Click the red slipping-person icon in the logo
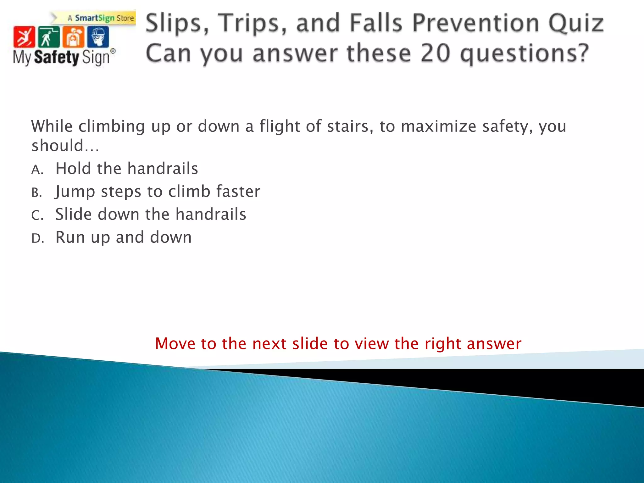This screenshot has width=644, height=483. point(24,37)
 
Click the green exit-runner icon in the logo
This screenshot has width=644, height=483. point(48,37)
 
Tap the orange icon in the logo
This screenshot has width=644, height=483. point(73,37)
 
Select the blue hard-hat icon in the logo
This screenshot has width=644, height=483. point(98,37)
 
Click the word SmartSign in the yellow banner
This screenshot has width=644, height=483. point(95,18)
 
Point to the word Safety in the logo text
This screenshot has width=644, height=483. point(57,58)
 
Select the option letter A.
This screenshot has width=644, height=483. point(37,170)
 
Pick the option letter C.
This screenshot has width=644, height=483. point(37,216)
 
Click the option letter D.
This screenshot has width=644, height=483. point(37,239)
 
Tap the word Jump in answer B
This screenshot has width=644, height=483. point(75,192)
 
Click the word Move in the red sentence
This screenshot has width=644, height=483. point(175,343)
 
